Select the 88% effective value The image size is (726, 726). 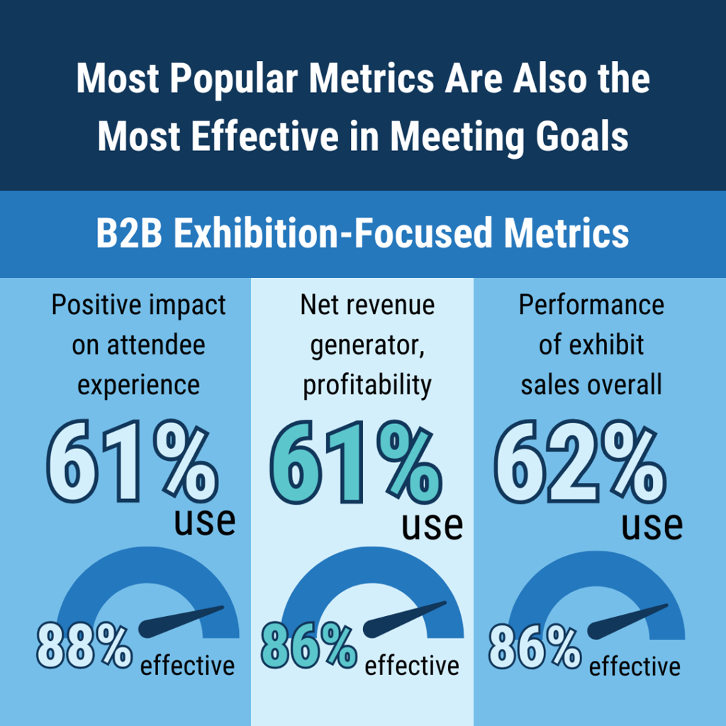[x=84, y=646]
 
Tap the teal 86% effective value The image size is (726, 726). [x=308, y=646]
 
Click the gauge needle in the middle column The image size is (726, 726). [x=405, y=618]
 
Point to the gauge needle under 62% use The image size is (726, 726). [x=627, y=618]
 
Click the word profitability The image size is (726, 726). [x=367, y=385]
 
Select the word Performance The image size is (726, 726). [x=591, y=305]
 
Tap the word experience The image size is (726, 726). [x=138, y=385]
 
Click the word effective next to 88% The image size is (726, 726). [x=187, y=666]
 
